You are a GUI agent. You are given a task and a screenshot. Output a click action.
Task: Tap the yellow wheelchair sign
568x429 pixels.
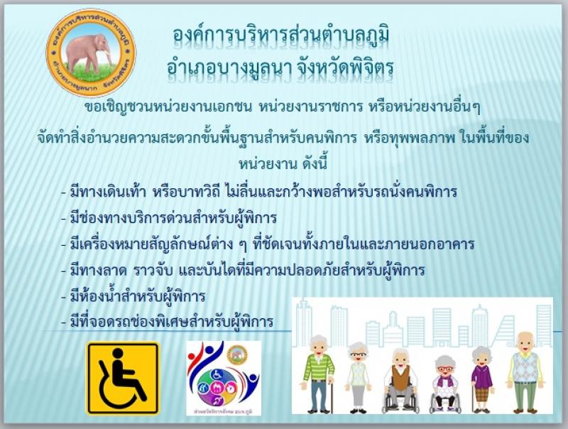coord(123,378)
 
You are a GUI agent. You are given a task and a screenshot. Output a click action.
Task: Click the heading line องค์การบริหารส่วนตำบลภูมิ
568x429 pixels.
coord(281,37)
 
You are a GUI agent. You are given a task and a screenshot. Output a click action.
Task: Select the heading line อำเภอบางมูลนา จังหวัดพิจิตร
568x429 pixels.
coord(280,68)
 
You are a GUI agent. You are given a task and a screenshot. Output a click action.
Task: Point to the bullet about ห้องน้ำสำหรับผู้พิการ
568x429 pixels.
coord(133,297)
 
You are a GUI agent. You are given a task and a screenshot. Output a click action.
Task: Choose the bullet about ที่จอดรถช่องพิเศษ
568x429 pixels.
coord(167,321)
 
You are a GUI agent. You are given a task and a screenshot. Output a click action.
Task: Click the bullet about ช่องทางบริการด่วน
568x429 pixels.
coord(169,219)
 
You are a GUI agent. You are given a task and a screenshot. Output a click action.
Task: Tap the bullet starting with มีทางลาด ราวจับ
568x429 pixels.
coord(243,271)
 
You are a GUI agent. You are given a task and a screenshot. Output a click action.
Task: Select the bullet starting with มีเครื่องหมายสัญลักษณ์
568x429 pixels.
coord(268,244)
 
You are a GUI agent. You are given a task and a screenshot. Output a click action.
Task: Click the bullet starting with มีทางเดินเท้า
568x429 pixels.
coord(258,192)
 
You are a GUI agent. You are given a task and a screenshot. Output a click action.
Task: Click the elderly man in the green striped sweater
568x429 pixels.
coord(319,374)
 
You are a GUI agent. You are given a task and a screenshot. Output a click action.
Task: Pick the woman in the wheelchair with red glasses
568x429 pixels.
coord(445,385)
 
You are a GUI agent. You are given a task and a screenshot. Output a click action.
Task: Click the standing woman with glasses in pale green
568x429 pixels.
coord(358,377)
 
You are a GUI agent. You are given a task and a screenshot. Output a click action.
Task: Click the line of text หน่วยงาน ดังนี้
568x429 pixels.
coord(283,164)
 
